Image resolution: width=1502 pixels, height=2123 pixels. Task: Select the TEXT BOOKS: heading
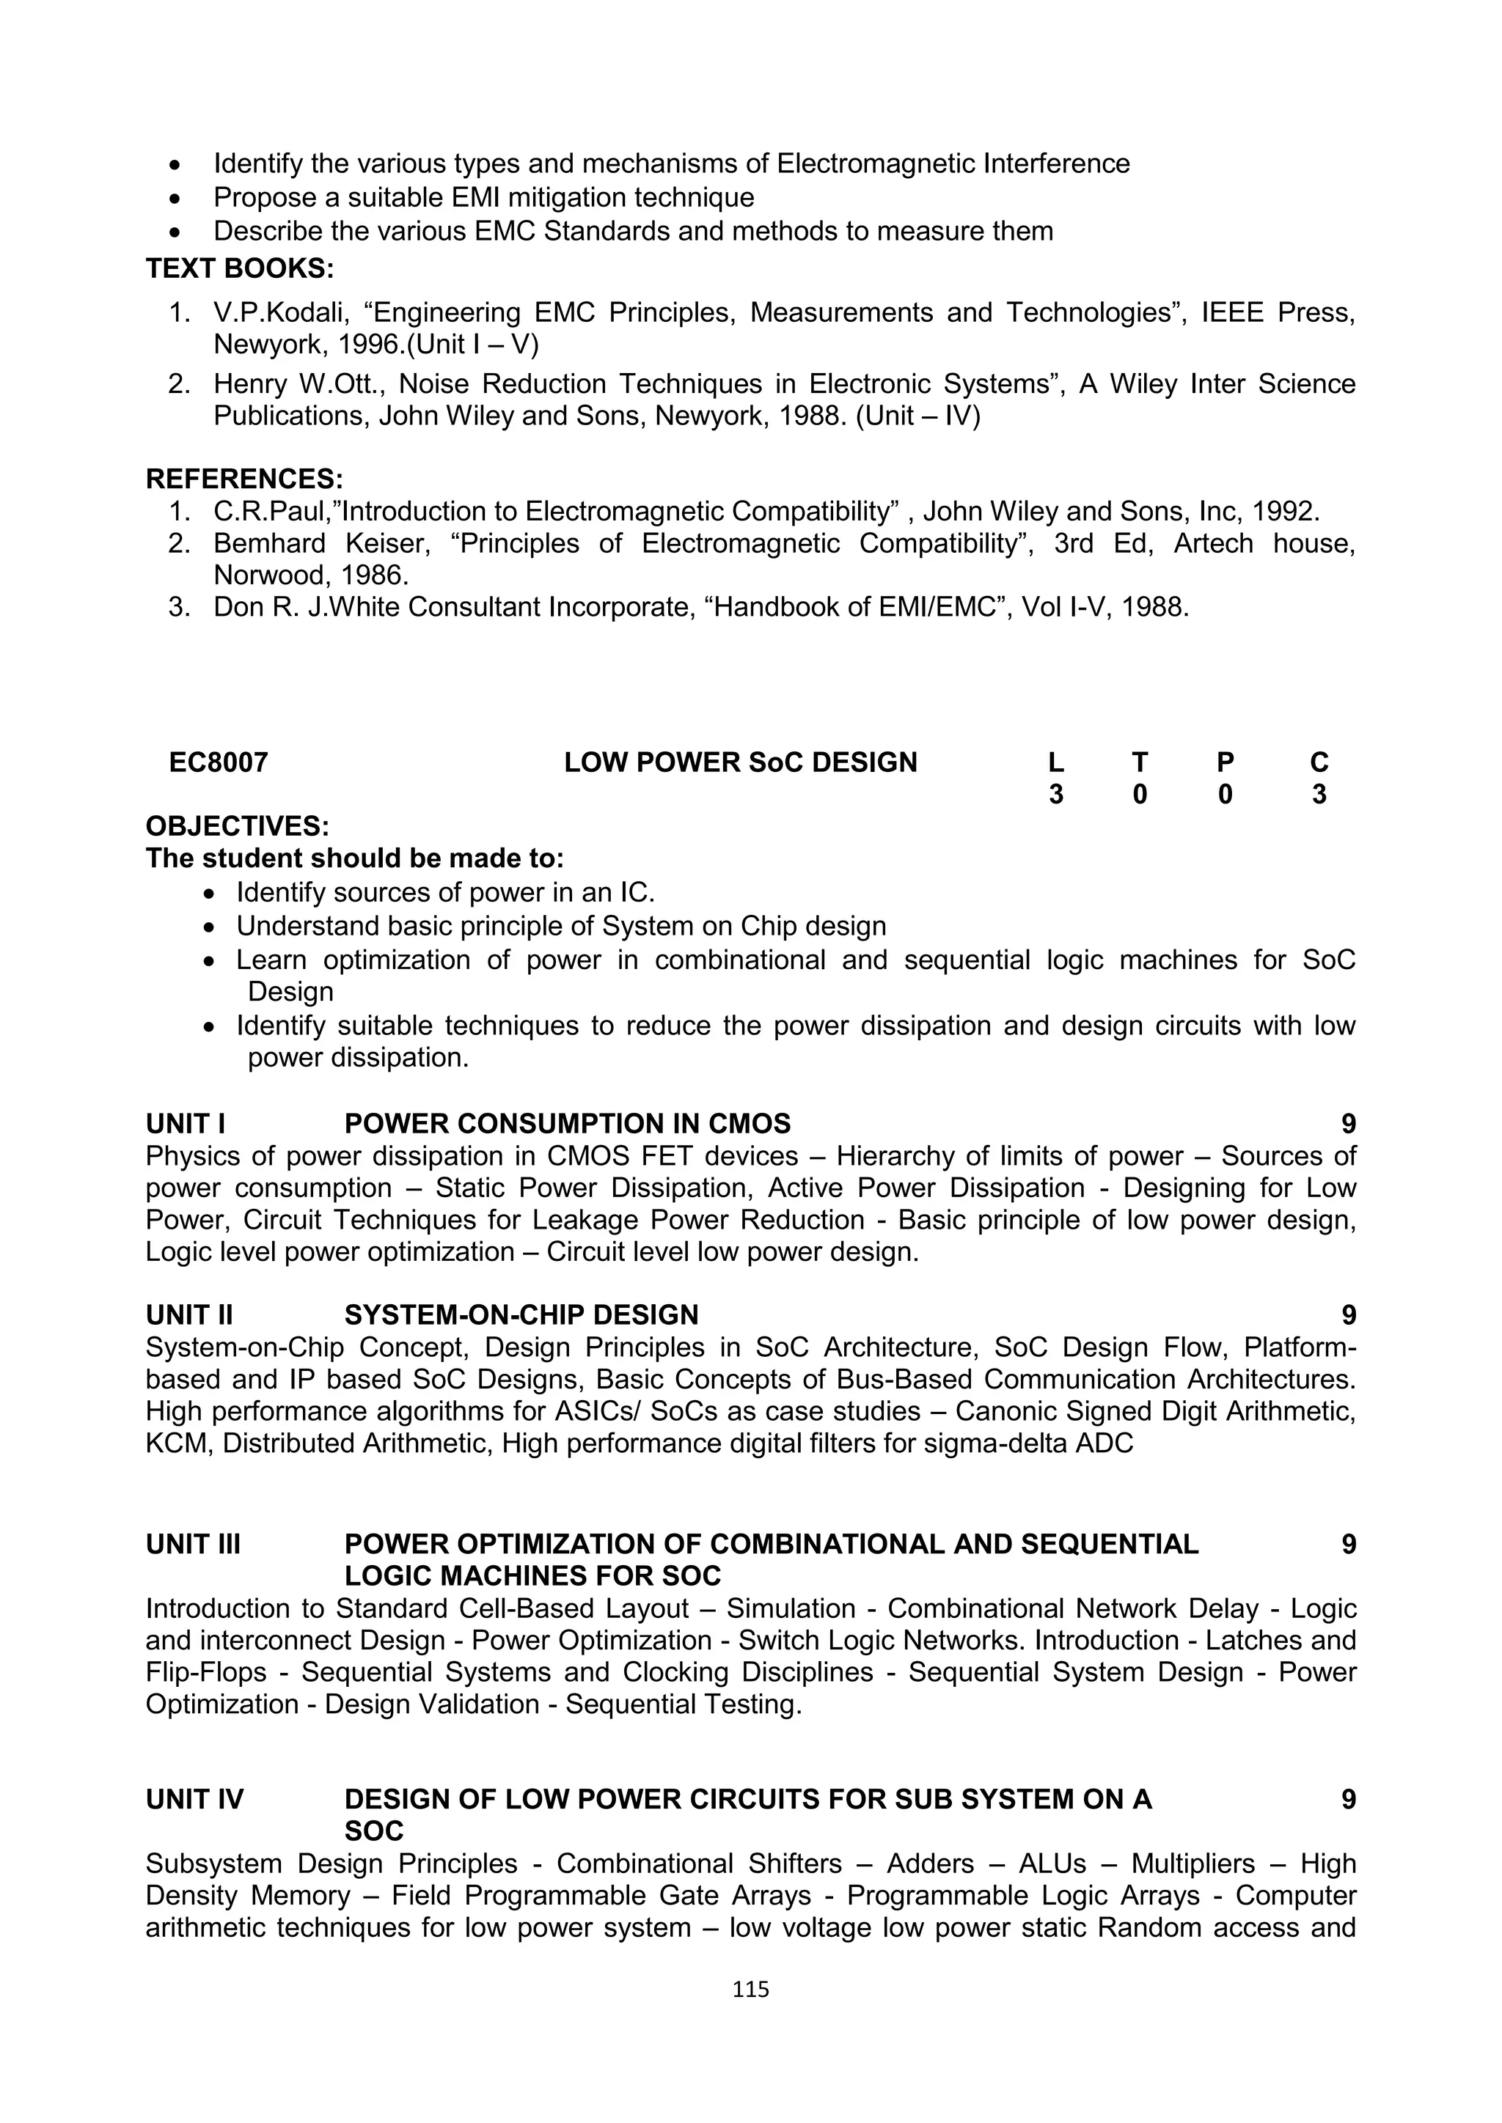tap(240, 268)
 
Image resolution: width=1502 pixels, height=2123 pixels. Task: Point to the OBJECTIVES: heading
tap(238, 825)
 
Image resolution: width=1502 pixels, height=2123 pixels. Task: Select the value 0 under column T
tap(1140, 794)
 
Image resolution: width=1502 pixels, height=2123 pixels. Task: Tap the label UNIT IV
tap(194, 1800)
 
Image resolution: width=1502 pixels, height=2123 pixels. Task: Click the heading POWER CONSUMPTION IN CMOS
tap(567, 1124)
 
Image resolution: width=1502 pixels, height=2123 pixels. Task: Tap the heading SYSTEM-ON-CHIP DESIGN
tap(521, 1315)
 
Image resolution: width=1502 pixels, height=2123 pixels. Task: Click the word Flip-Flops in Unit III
tap(205, 1671)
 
